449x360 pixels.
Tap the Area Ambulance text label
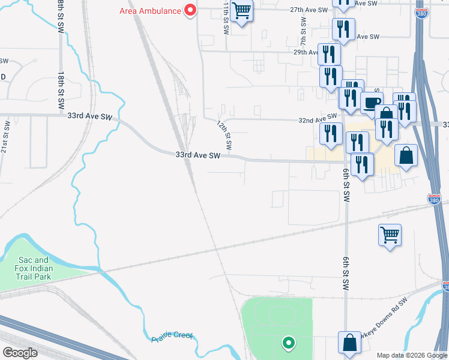pyautogui.click(x=150, y=10)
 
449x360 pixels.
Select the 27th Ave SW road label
pyautogui.click(x=309, y=10)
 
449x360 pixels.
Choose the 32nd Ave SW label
pyautogui.click(x=318, y=121)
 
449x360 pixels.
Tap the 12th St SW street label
pyautogui.click(x=224, y=136)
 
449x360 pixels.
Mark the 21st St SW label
pyautogui.click(x=5, y=137)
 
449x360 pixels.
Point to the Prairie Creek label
pyautogui.click(x=172, y=337)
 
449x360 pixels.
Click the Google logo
pyautogui.click(x=20, y=352)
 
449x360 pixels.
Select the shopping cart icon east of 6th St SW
pyautogui.click(x=390, y=235)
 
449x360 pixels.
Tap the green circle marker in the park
pyautogui.click(x=289, y=343)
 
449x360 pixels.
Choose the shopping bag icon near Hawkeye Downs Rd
pyautogui.click(x=349, y=343)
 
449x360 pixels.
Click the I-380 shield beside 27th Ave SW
pyautogui.click(x=422, y=12)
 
